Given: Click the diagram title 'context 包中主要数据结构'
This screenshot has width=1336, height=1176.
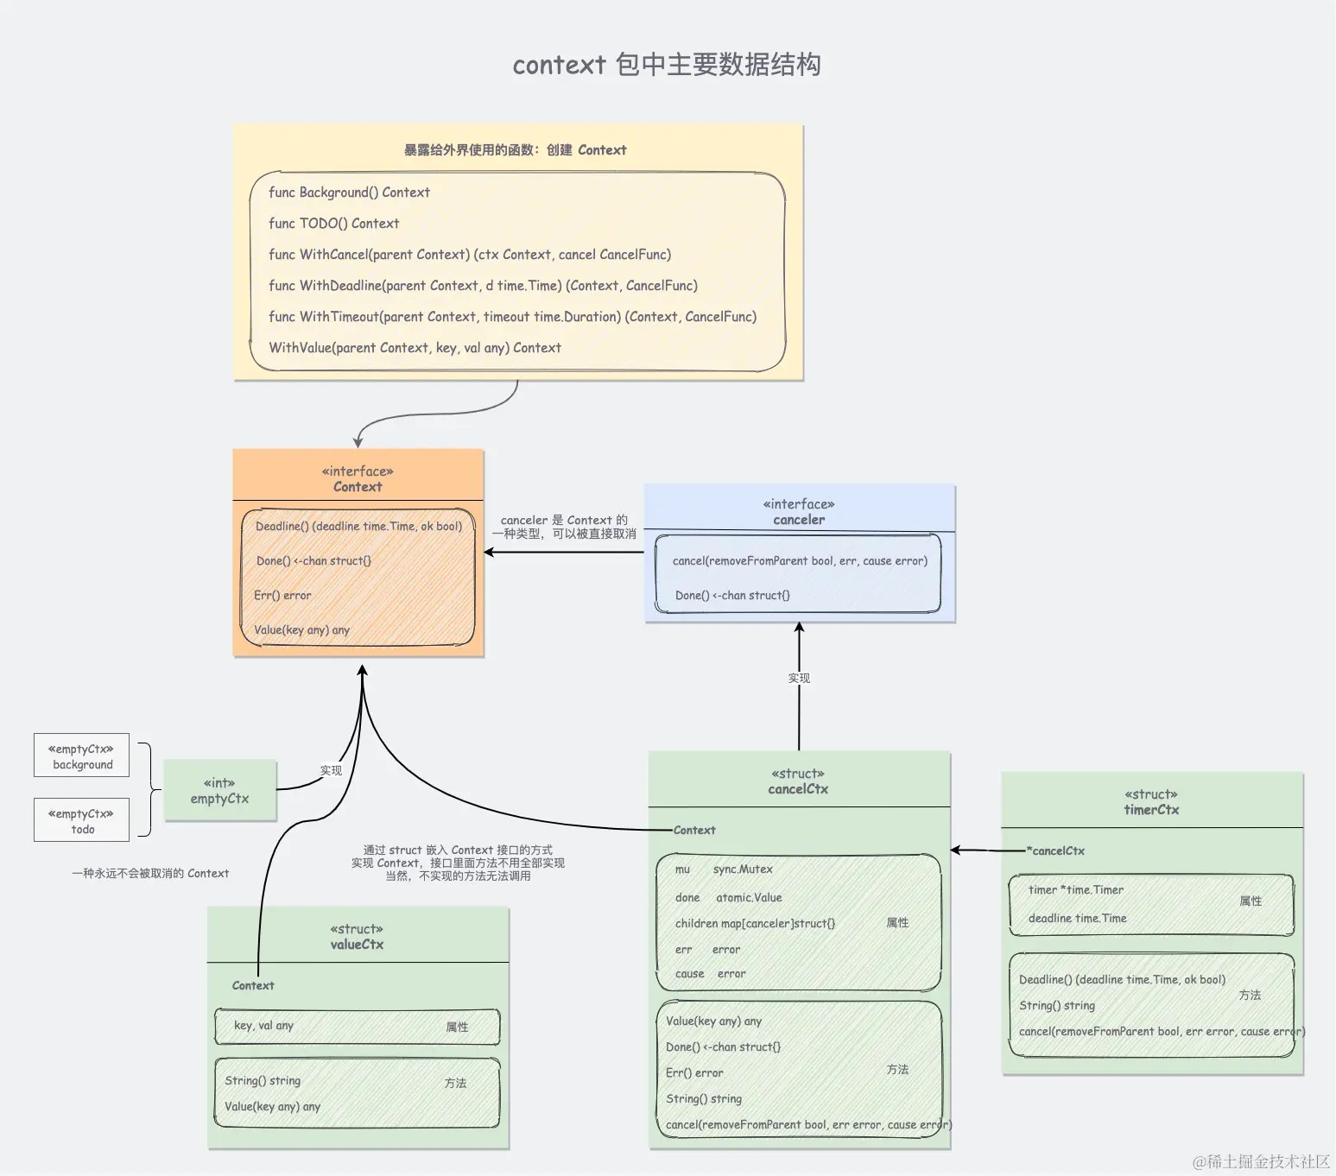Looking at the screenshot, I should [x=666, y=65].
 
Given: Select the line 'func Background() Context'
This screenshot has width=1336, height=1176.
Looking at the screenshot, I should [x=349, y=193].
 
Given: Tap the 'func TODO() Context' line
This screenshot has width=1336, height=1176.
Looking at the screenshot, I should [x=333, y=224].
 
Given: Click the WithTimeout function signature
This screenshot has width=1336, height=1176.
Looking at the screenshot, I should [x=512, y=317].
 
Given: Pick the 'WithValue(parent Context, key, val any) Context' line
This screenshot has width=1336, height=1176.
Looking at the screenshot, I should [x=415, y=348].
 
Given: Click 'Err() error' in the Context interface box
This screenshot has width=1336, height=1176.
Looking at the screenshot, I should [x=282, y=596].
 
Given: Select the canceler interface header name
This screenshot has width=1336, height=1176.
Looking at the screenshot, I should [x=799, y=520].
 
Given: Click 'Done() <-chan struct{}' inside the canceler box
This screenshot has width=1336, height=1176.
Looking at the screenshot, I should [x=732, y=596].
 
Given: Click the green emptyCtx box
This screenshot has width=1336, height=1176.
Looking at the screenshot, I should [x=219, y=791].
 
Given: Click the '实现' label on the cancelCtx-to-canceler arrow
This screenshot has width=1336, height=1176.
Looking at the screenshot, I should [x=799, y=679].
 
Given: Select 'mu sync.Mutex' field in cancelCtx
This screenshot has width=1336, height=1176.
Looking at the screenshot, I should [x=724, y=869].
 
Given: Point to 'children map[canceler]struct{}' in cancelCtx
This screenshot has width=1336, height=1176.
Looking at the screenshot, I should [x=755, y=924].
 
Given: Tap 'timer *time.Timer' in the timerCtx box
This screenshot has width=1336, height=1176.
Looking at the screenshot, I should [x=1076, y=890].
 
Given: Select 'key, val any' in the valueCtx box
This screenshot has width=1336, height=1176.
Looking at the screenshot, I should [x=263, y=1026].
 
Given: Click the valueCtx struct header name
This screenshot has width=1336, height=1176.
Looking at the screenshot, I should [x=357, y=945].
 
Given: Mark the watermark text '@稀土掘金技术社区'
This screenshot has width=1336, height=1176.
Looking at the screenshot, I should [x=1261, y=1162].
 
